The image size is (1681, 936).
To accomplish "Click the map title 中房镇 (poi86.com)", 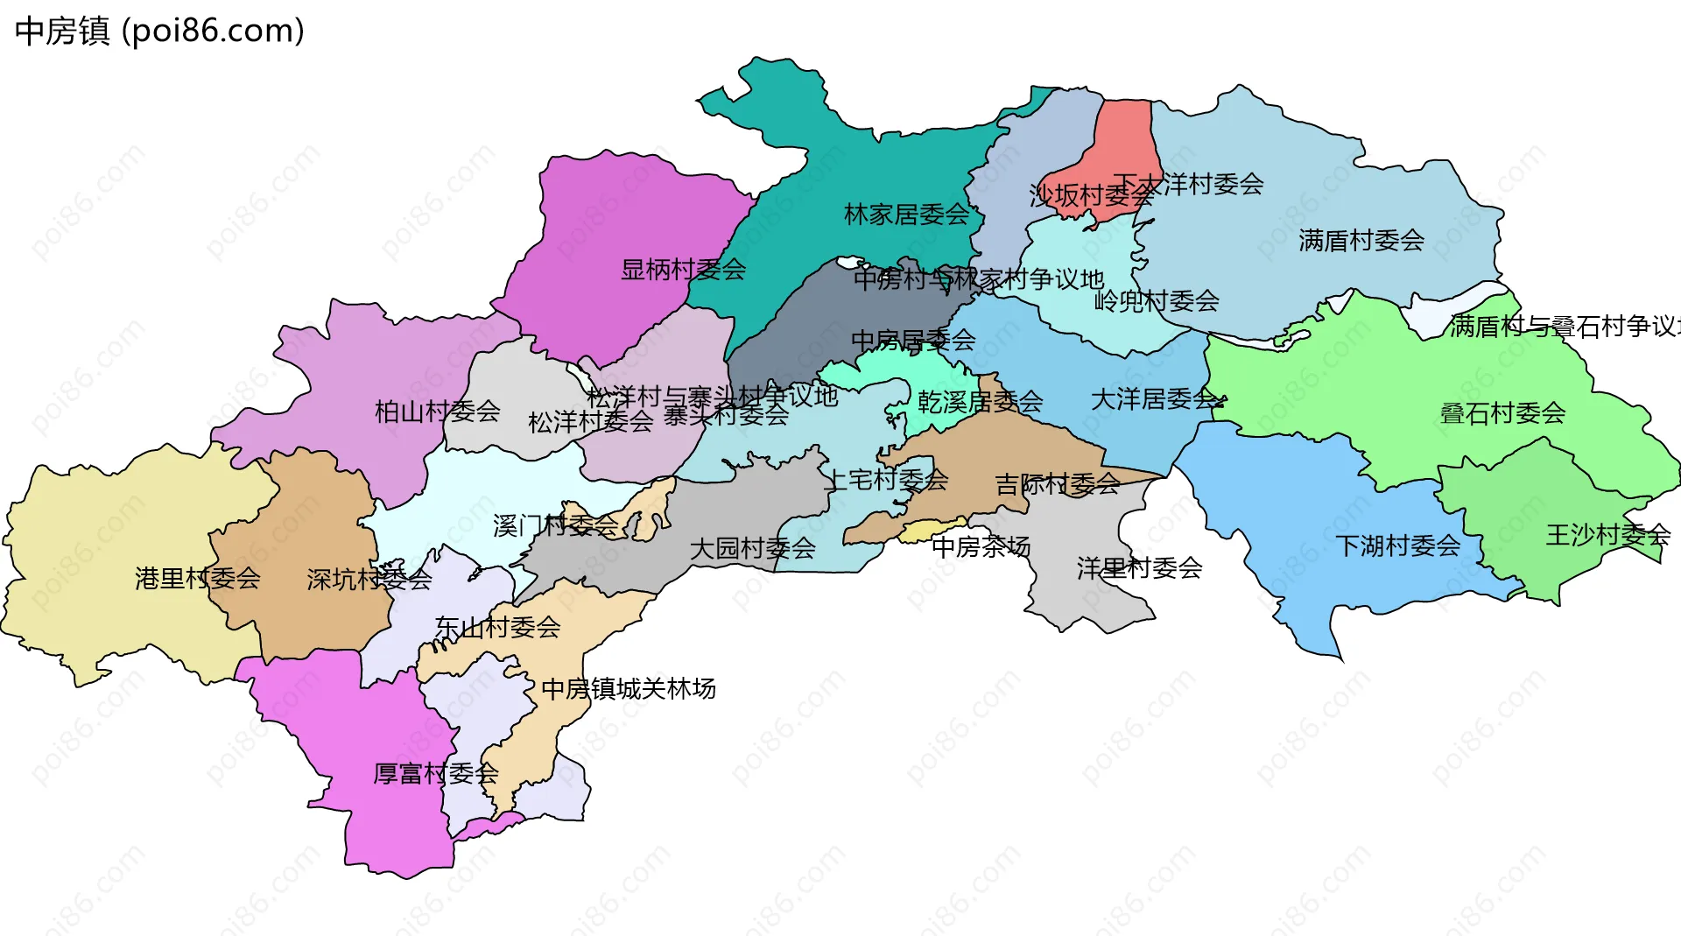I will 160,31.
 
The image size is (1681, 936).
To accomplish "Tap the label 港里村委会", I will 198,578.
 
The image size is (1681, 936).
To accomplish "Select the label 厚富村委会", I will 435,773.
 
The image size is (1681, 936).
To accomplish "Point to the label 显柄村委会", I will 683,269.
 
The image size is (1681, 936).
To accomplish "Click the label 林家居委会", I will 906,214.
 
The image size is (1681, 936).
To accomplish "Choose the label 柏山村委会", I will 437,411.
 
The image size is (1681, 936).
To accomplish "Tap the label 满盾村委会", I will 1361,240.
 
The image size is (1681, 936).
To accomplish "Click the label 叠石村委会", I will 1502,413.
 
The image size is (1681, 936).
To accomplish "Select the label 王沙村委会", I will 1607,534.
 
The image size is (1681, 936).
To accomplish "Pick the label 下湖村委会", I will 1397,545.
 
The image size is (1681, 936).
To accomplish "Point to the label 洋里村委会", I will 1139,567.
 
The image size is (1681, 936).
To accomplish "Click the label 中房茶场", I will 981,546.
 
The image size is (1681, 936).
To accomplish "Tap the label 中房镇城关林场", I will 628,688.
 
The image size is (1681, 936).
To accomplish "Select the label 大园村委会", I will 752,548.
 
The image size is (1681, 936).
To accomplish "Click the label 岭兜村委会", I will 1156,300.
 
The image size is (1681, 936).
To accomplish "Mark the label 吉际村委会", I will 1057,483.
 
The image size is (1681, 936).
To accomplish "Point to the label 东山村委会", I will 497,627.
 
